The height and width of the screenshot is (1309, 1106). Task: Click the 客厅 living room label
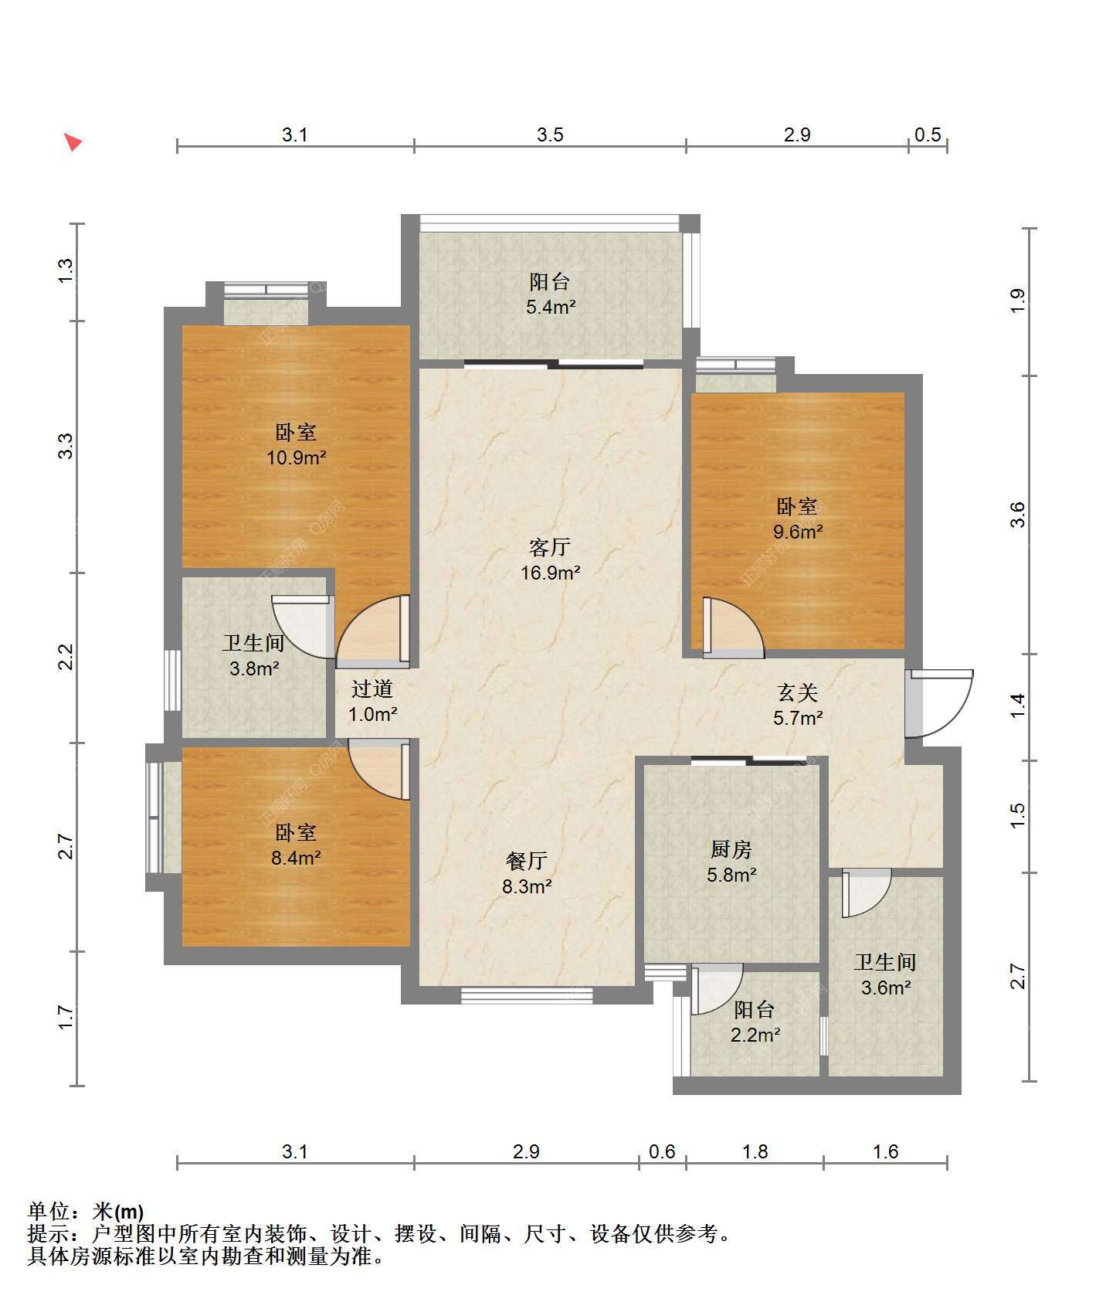pyautogui.click(x=550, y=547)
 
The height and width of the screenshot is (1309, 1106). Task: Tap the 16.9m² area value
pyautogui.click(x=550, y=573)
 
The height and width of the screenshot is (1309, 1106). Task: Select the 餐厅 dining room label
pyautogui.click(x=527, y=861)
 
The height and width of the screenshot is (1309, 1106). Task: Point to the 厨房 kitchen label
pyautogui.click(x=731, y=849)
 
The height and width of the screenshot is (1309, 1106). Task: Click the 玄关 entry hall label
pyautogui.click(x=797, y=692)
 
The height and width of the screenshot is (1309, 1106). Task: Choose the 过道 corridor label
pyautogui.click(x=372, y=688)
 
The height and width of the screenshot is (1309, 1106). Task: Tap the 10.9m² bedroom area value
pyautogui.click(x=296, y=457)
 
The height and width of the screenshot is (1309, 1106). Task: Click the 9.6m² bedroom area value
pyautogui.click(x=798, y=532)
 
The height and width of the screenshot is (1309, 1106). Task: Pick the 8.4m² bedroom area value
pyautogui.click(x=296, y=858)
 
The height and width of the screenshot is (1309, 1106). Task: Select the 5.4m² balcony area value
pyautogui.click(x=551, y=307)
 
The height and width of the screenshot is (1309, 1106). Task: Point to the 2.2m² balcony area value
pyautogui.click(x=755, y=1035)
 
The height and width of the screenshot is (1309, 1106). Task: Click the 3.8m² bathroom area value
pyautogui.click(x=254, y=668)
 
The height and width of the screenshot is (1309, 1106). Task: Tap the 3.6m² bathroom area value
pyautogui.click(x=886, y=988)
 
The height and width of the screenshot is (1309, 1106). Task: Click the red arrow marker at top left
pyautogui.click(x=73, y=142)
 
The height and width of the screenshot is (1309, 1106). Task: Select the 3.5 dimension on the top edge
pyautogui.click(x=550, y=134)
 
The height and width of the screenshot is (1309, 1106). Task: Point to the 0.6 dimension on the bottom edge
pyautogui.click(x=662, y=1151)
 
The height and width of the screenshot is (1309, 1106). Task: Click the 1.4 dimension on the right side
pyautogui.click(x=1018, y=705)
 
